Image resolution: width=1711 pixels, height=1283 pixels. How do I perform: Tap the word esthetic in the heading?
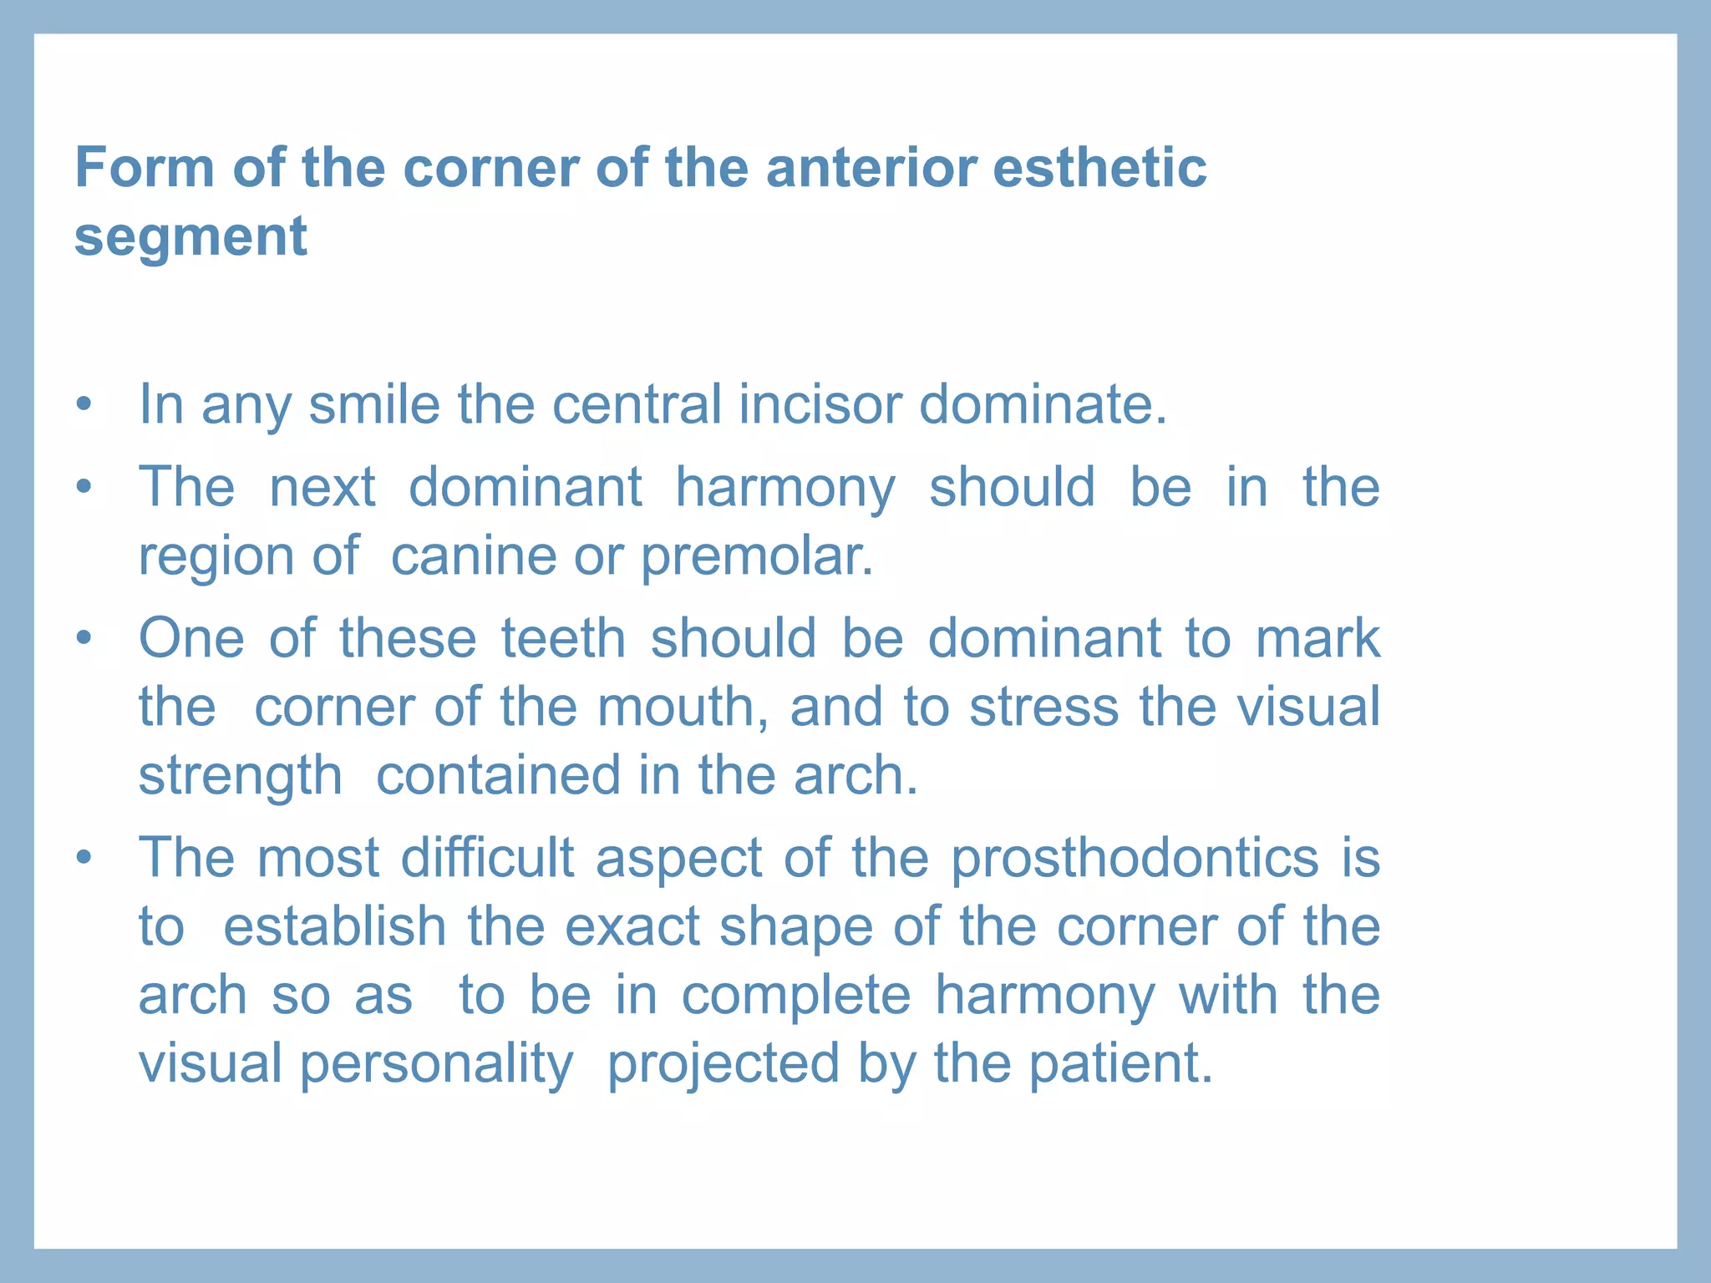pyautogui.click(x=1099, y=168)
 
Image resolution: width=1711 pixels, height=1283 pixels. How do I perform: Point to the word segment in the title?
pyautogui.click(x=190, y=237)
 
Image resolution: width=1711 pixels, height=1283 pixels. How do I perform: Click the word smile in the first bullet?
pyautogui.click(x=373, y=404)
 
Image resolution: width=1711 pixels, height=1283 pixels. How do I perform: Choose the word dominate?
pyautogui.click(x=1042, y=404)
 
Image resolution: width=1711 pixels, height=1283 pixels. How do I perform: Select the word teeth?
pyautogui.click(x=563, y=639)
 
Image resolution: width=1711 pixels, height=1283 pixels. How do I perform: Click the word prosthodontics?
pyautogui.click(x=1135, y=860)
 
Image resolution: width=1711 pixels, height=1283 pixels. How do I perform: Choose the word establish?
pyautogui.click(x=335, y=927)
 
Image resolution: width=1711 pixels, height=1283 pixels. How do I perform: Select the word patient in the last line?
pyautogui.click(x=1120, y=1063)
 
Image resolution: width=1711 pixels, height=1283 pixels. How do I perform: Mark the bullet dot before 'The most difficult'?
pyautogui.click(x=83, y=859)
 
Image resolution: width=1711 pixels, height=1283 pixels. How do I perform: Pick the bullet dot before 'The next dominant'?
pyautogui.click(x=83, y=487)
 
